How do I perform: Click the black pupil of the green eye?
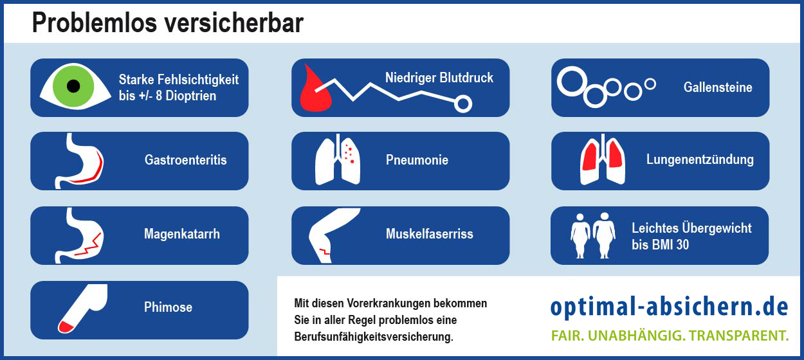tap(73, 86)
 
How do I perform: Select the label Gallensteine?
tap(718, 87)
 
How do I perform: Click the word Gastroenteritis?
tap(186, 160)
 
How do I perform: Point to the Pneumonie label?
tap(417, 160)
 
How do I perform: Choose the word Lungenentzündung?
tap(700, 159)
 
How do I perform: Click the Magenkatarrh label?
tap(182, 234)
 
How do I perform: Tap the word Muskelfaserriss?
tap(430, 234)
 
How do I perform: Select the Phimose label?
tap(168, 307)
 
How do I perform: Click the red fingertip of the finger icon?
tap(66, 327)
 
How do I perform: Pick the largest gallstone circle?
tap(572, 82)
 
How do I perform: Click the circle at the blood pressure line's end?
tap(463, 104)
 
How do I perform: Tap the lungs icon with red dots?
tap(338, 159)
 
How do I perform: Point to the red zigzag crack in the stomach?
tap(87, 246)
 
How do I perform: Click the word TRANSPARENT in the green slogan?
tap(738, 336)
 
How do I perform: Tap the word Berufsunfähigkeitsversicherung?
tap(374, 337)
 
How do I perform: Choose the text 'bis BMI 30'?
tap(661, 245)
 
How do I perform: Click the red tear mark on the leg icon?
tap(324, 252)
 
